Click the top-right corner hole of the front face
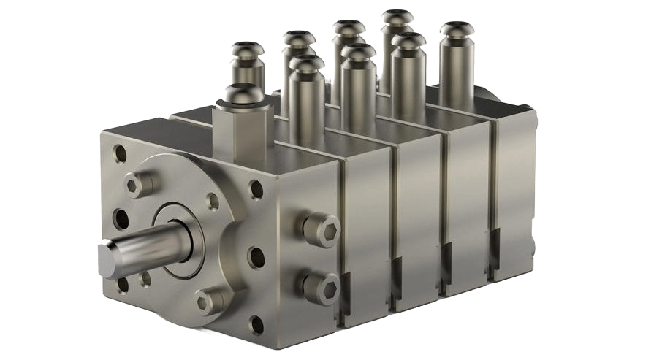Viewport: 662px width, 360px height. (x=256, y=189)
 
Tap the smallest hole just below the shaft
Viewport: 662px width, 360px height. (x=146, y=278)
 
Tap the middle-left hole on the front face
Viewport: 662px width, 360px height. (x=121, y=218)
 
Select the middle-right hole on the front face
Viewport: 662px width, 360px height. (x=256, y=256)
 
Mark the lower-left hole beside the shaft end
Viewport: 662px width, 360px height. (x=122, y=283)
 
